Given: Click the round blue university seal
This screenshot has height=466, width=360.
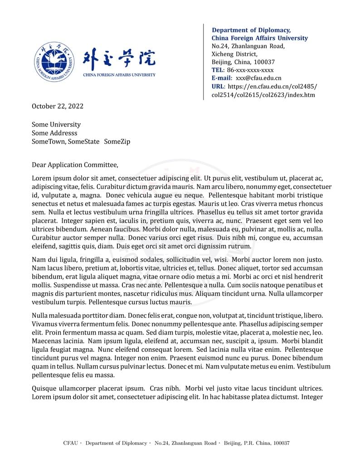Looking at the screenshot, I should click(54, 62).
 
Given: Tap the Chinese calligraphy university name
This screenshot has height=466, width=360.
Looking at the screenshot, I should click(119, 58).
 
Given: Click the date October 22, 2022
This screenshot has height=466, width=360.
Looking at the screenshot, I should click(58, 107).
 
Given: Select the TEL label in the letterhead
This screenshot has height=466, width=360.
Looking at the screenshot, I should click(217, 70).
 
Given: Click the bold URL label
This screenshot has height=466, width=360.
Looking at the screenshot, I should click(218, 87).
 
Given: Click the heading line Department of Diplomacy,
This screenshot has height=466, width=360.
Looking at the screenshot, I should click(251, 30).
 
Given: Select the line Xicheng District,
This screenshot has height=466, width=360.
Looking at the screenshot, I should click(234, 54).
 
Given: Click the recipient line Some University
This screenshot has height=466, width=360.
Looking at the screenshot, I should click(56, 125).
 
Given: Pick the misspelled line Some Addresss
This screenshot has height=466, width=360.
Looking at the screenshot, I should click(54, 133).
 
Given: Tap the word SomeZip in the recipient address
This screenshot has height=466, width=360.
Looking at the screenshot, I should click(117, 142).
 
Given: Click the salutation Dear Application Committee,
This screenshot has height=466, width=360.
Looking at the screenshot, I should click(75, 165).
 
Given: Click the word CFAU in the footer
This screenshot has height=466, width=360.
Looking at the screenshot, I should click(70, 443).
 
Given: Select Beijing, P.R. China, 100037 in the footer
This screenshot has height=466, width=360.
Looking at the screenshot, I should click(256, 443).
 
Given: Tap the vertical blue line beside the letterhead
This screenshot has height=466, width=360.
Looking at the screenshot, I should click(204, 62).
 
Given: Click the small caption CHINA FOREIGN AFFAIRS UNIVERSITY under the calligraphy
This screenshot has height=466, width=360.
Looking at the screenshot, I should click(119, 75).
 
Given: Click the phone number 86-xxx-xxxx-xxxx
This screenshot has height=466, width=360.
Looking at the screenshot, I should click(250, 70).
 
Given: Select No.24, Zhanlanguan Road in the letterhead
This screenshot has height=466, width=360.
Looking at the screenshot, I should click(248, 46).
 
